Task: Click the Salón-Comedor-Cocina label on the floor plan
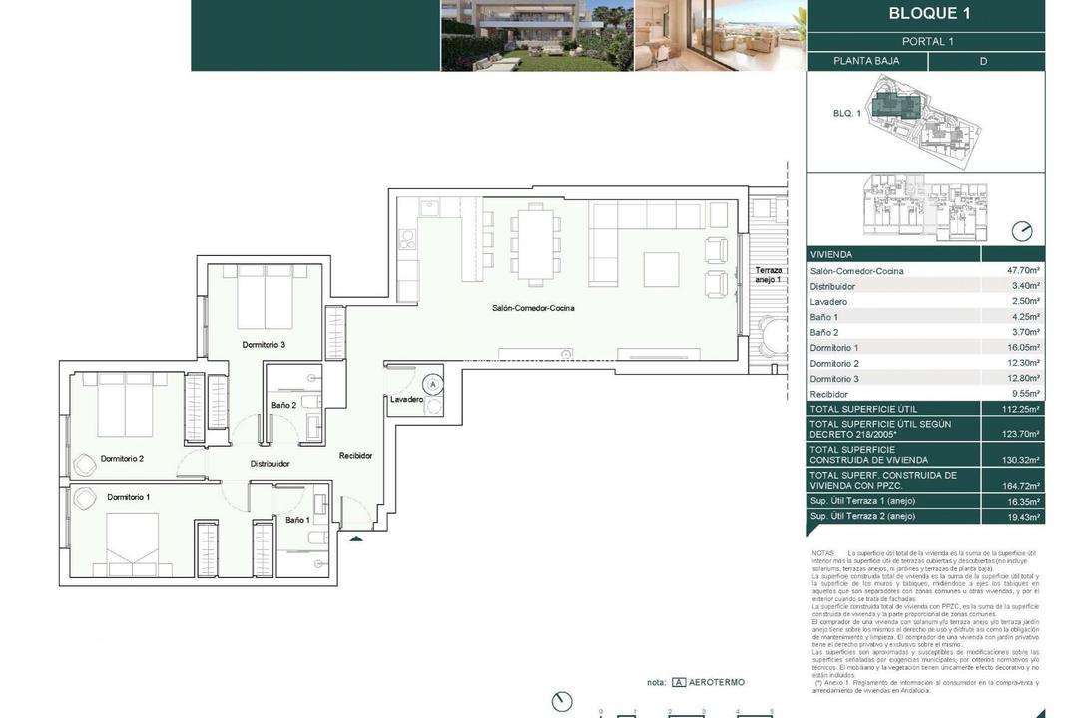pos(533,308)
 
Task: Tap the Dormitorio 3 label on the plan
pos(264,345)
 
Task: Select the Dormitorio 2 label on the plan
pos(123,459)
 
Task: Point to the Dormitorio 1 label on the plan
pos(129,497)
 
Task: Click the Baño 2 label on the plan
pos(283,405)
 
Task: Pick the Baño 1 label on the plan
pos(296,520)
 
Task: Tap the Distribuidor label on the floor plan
pos(269,464)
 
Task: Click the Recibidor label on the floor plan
pos(355,456)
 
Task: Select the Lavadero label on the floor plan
pos(407,399)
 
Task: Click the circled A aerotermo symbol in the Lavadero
pos(432,383)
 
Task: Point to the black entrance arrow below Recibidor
pos(356,538)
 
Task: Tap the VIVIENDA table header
pos(833,255)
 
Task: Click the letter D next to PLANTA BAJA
pos(983,61)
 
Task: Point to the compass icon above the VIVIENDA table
pos(1022,231)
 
